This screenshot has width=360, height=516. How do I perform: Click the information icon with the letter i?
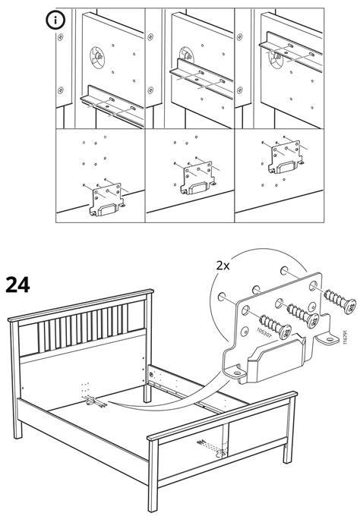(x=55, y=20)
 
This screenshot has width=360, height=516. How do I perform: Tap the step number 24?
(x=17, y=285)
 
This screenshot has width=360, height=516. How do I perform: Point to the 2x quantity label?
(x=223, y=266)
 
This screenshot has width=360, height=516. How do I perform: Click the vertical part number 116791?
(x=345, y=338)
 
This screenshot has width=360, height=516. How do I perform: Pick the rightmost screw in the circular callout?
(x=339, y=300)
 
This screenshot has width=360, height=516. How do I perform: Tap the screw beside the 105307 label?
(x=276, y=326)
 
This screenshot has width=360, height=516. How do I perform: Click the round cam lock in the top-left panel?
(x=97, y=58)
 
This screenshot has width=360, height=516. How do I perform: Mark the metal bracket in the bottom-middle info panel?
(x=197, y=178)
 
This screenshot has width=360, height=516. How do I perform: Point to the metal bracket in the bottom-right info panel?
(x=286, y=157)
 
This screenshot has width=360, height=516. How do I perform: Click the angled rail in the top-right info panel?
(x=290, y=50)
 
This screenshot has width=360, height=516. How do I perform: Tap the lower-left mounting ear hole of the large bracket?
(x=236, y=373)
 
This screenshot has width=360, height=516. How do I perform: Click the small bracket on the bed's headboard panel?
(x=90, y=401)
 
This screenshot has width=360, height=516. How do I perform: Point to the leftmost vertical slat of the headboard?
(x=41, y=338)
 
